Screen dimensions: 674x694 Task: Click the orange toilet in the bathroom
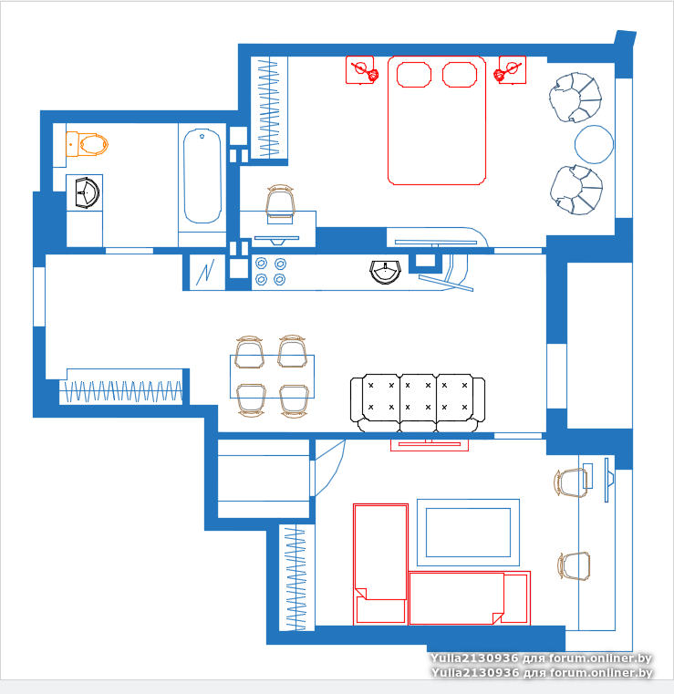pyautogui.click(x=88, y=144)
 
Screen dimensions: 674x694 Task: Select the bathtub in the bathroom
pyautogui.click(x=202, y=176)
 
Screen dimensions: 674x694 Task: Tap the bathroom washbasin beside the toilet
pyautogui.click(x=87, y=192)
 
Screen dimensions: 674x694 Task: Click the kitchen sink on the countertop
pyautogui.click(x=386, y=271)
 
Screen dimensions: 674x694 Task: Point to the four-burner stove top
pyautogui.click(x=270, y=272)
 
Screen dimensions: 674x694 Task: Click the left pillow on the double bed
pyautogui.click(x=414, y=75)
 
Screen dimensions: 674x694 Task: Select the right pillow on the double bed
pyautogui.click(x=460, y=75)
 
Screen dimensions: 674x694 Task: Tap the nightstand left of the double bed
pyautogui.click(x=359, y=69)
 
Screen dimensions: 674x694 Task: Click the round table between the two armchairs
pyautogui.click(x=594, y=144)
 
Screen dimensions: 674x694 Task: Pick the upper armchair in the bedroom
pyautogui.click(x=575, y=98)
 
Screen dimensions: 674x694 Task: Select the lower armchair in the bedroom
pyautogui.click(x=576, y=190)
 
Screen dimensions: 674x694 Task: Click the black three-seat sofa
pyautogui.click(x=418, y=403)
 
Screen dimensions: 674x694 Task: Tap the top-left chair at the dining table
pyautogui.click(x=249, y=352)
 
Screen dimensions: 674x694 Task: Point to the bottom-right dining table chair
pyautogui.click(x=294, y=400)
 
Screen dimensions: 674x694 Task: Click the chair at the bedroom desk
pyautogui.click(x=280, y=202)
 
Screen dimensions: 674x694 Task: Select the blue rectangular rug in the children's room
pyautogui.click(x=468, y=533)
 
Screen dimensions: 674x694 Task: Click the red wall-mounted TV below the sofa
pyautogui.click(x=430, y=445)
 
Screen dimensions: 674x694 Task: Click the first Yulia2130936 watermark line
pyautogui.click(x=541, y=658)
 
